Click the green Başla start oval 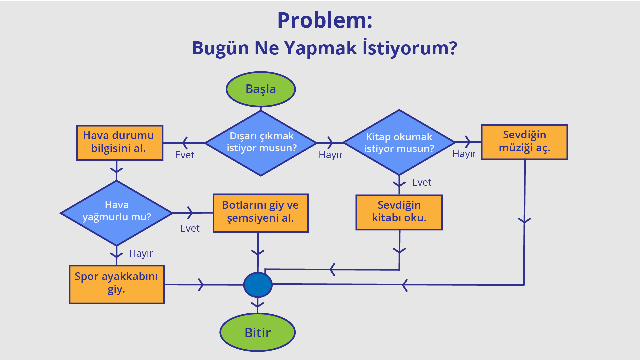(x=261, y=89)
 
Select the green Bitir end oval (x=257, y=332)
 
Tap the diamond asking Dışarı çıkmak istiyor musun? (x=261, y=143)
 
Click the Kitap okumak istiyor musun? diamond (x=399, y=142)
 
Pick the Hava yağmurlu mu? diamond (x=116, y=213)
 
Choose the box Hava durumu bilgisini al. (x=119, y=143)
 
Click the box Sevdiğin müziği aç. (x=524, y=142)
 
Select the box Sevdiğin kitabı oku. (x=399, y=212)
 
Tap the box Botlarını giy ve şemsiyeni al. (x=260, y=213)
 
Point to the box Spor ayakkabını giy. (x=117, y=284)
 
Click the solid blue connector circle (x=258, y=285)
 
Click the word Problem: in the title (x=325, y=21)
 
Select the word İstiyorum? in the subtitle (x=410, y=48)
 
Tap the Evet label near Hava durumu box (x=184, y=155)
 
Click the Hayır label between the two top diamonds (x=330, y=155)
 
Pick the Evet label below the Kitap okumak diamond (x=421, y=182)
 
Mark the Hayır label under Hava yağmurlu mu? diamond (x=141, y=253)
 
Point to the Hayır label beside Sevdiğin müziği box (x=464, y=154)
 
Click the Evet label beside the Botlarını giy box (x=190, y=228)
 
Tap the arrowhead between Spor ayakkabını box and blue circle (x=201, y=285)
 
